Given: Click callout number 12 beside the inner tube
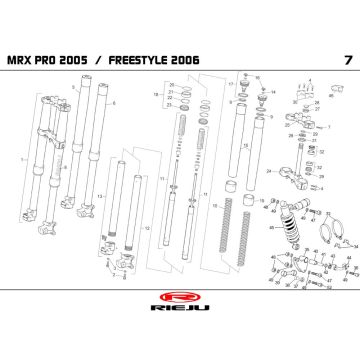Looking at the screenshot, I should [148, 229].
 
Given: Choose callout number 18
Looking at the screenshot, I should [155, 93].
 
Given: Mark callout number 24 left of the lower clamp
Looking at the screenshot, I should [269, 171].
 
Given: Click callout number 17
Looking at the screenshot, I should [229, 84].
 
